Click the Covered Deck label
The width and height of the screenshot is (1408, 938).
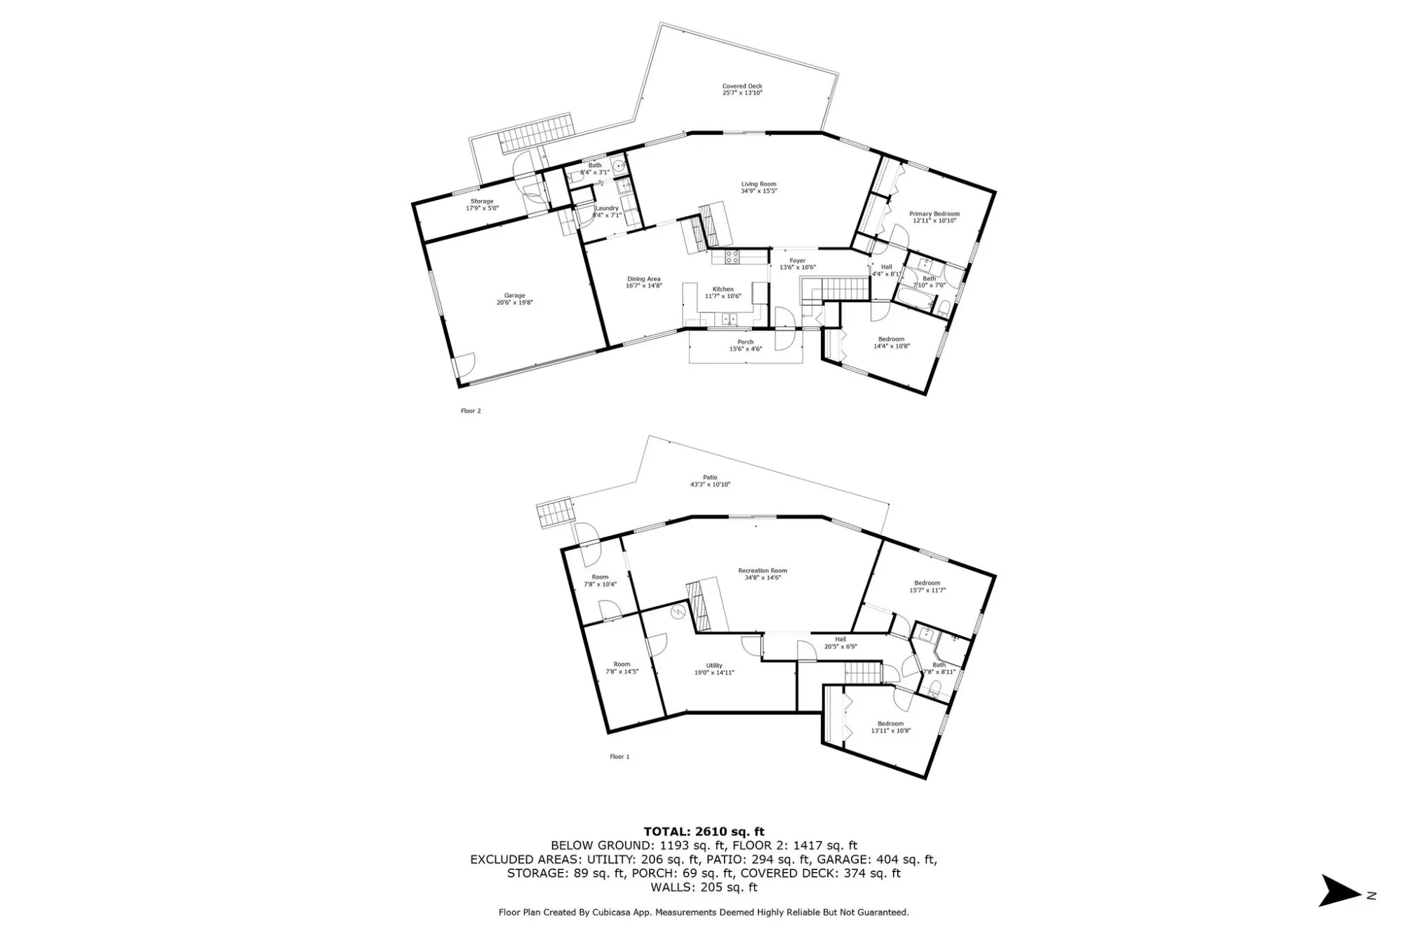click(742, 86)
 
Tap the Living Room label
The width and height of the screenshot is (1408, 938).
click(758, 184)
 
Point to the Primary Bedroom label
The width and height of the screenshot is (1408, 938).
click(934, 214)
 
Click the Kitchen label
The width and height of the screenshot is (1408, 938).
click(723, 289)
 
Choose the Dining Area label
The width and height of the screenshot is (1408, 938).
click(643, 279)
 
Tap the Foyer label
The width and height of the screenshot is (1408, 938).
click(798, 261)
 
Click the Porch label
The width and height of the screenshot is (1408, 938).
click(745, 342)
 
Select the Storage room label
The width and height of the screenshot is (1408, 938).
click(482, 201)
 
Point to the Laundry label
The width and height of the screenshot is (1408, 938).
click(607, 208)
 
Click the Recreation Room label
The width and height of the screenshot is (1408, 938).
click(762, 570)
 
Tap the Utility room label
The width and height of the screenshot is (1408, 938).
click(713, 666)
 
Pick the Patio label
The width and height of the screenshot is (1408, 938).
click(710, 478)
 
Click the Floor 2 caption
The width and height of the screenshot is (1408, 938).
click(471, 411)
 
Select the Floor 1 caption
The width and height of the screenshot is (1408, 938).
click(619, 757)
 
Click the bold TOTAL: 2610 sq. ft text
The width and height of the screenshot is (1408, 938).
click(704, 832)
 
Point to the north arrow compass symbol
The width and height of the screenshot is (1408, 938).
click(1341, 890)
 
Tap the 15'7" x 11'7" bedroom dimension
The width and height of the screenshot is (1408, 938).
click(927, 591)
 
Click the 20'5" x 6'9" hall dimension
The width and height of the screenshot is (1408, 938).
click(840, 647)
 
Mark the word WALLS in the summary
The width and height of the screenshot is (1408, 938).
click(673, 887)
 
